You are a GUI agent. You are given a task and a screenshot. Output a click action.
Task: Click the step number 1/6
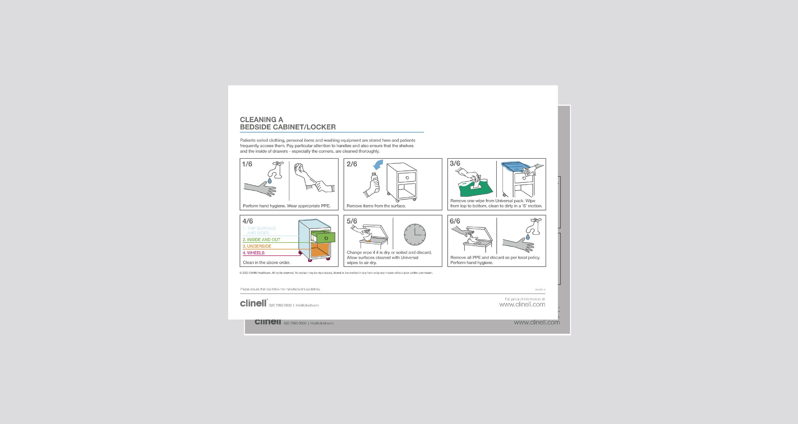[x=247, y=164]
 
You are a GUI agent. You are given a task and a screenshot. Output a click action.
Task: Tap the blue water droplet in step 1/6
[x=269, y=180]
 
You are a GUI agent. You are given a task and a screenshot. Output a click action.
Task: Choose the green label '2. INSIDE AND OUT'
[x=261, y=240]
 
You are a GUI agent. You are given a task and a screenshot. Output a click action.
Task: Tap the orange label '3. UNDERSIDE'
[x=257, y=246]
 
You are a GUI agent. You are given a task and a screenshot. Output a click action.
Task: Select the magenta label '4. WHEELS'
[x=253, y=253]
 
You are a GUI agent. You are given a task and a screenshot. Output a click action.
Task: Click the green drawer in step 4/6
[x=326, y=238]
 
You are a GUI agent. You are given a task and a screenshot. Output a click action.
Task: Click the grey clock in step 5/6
[x=415, y=235]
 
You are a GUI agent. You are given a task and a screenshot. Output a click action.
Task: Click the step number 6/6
[x=455, y=221]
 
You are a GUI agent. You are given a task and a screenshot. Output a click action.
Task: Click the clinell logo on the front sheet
[x=253, y=303]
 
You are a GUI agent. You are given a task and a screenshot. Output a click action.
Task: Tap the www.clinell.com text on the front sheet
[x=522, y=304]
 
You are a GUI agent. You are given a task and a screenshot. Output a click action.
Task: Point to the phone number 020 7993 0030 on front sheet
[x=280, y=305]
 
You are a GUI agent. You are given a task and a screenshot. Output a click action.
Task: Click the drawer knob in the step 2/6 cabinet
[x=406, y=178]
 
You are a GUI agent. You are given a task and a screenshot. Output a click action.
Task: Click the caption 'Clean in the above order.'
[x=266, y=263]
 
